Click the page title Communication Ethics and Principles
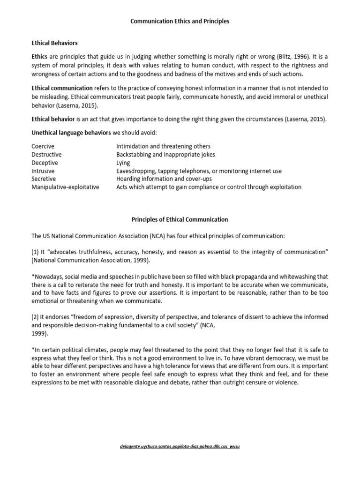180,22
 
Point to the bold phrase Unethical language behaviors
71,132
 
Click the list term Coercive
43,146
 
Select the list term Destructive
46,154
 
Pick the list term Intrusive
43,171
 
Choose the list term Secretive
44,179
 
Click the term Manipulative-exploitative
65,187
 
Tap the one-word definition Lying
123,163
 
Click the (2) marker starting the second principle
36,316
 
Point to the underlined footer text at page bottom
180,447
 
